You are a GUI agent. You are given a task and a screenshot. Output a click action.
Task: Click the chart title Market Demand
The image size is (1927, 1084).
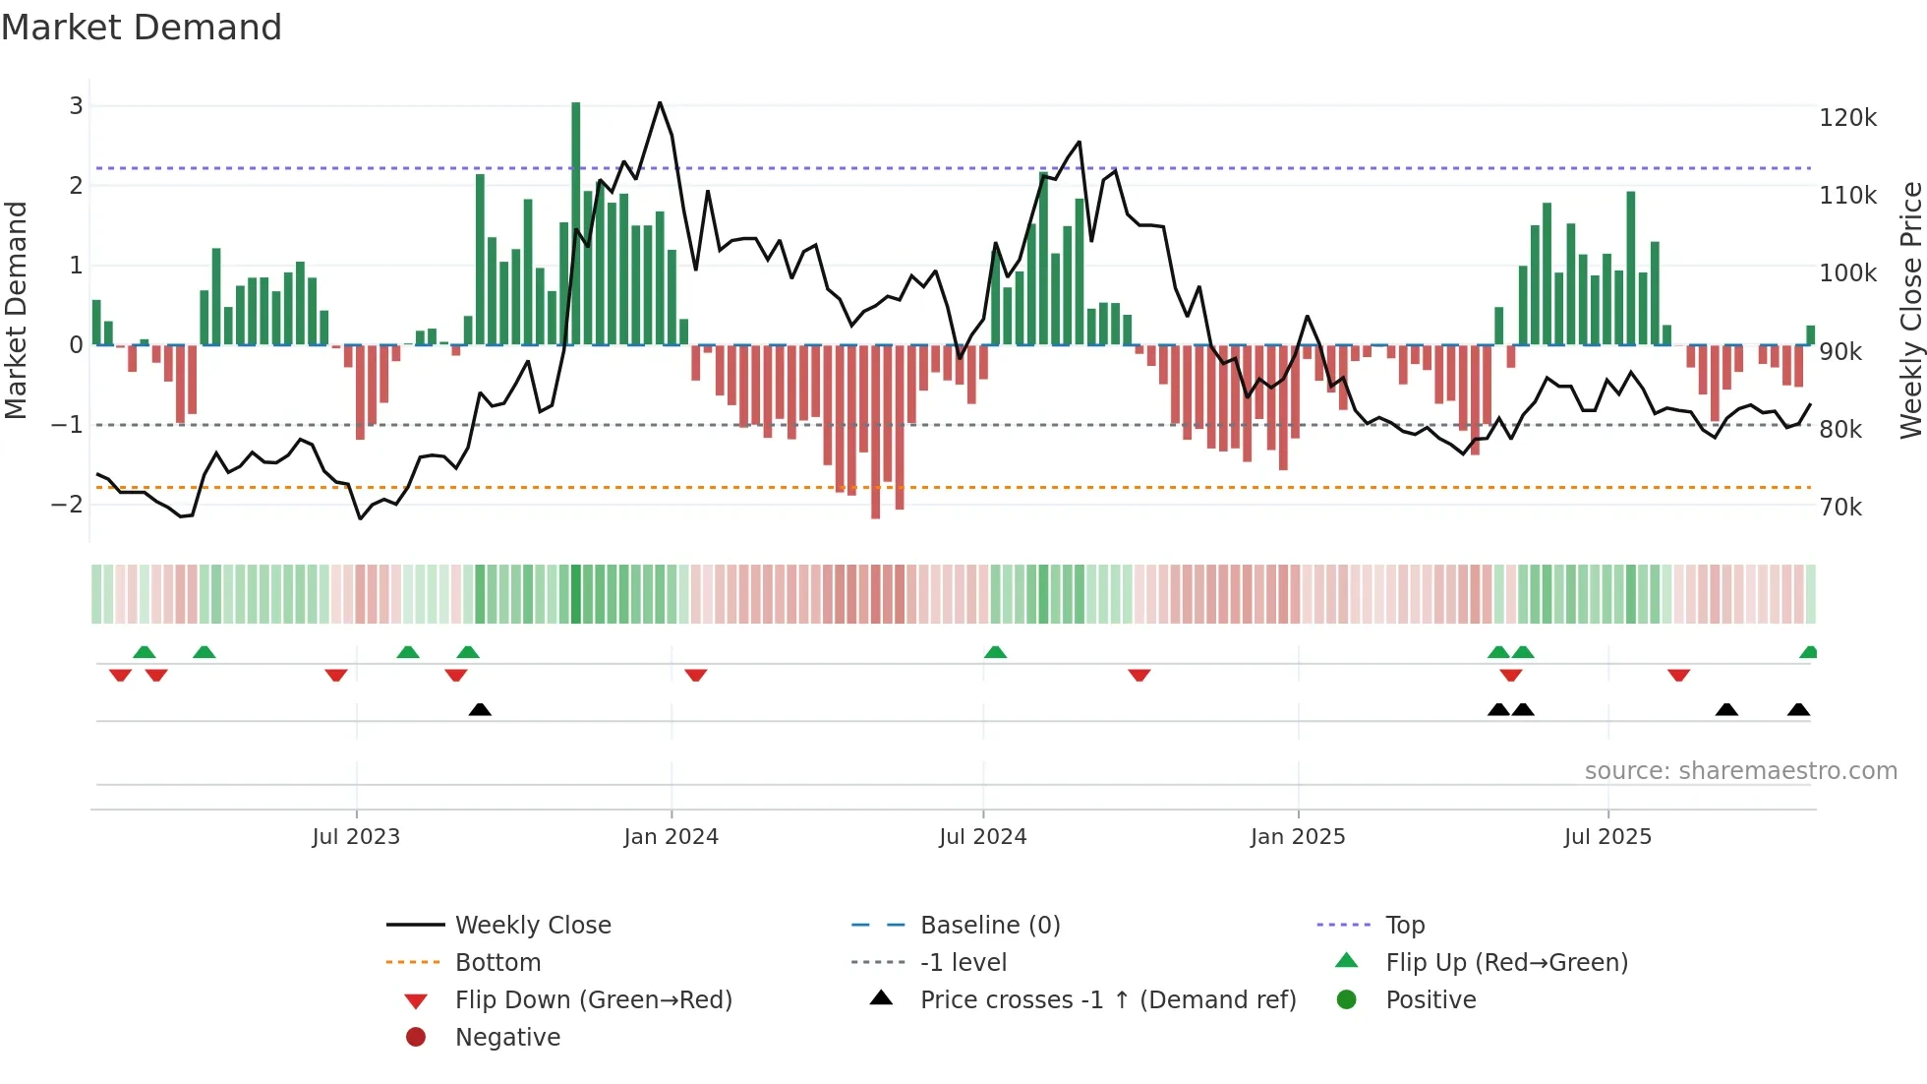coord(142,28)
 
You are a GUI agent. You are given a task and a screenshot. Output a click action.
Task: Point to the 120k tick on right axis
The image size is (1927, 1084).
coord(1847,118)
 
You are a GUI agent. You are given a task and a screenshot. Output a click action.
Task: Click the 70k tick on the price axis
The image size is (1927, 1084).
coord(1840,508)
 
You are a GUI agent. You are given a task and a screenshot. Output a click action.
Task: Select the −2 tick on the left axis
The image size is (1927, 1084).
coord(67,505)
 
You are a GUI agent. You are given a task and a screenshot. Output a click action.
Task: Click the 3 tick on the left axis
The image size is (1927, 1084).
coord(76,105)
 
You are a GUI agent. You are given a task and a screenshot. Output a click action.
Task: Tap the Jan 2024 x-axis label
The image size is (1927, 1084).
coord(671,837)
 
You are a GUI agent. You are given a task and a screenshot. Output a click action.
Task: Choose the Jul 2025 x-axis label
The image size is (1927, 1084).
coord(1607,837)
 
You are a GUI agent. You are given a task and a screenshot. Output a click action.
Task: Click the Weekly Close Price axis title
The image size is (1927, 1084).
coord(1910,310)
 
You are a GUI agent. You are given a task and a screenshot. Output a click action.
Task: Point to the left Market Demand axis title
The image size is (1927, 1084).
coord(16,310)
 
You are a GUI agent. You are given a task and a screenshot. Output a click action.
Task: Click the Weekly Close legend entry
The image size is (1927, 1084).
coord(532,926)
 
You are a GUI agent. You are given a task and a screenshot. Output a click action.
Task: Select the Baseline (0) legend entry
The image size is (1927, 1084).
coord(989,926)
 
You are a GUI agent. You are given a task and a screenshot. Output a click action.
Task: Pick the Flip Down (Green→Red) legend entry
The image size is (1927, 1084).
coord(593,1000)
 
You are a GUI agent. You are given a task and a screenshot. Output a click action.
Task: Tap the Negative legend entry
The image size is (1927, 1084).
coord(507,1038)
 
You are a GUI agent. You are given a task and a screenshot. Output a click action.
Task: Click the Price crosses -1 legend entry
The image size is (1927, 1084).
coord(1107,1000)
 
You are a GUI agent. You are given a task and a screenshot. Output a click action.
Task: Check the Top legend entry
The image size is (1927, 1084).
coord(1404,926)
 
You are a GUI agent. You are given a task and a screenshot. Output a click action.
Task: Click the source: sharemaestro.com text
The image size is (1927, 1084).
coord(1740,771)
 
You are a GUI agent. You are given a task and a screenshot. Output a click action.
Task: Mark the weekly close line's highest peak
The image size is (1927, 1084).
coord(660,102)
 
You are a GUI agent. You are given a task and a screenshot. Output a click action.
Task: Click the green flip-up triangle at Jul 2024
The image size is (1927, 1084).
coord(995,652)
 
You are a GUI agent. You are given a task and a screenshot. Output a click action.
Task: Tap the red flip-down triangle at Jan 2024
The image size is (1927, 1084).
coord(696,675)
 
